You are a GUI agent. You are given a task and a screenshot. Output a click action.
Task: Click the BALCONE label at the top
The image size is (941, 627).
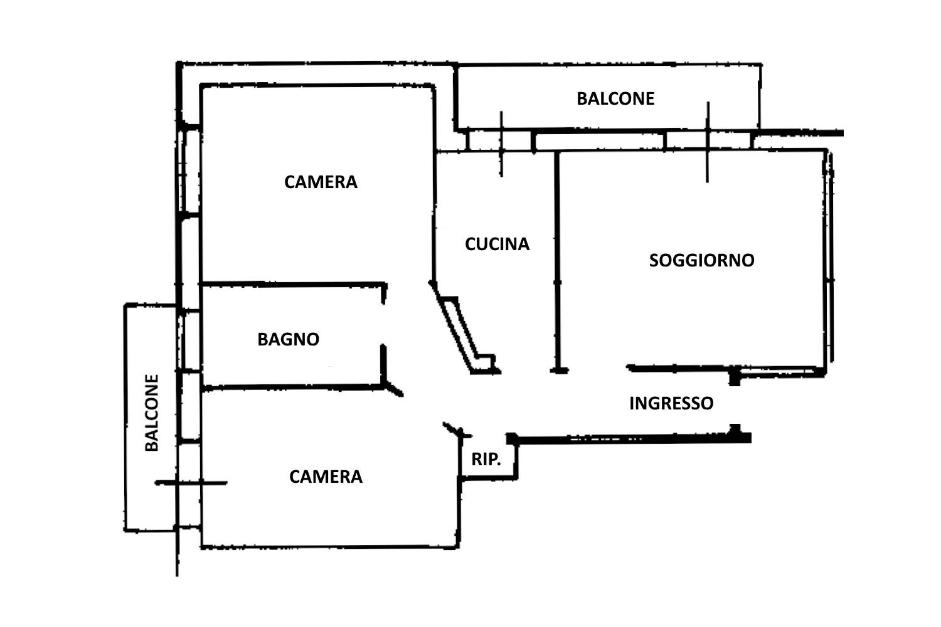(x=615, y=98)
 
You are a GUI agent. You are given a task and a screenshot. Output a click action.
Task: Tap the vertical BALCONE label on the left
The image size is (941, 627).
(x=152, y=413)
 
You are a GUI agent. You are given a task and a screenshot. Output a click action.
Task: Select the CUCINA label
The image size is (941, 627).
(x=497, y=244)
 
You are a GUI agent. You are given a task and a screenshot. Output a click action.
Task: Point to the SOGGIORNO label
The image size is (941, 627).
(x=701, y=260)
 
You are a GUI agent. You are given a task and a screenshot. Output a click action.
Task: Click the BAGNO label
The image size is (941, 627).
(x=289, y=339)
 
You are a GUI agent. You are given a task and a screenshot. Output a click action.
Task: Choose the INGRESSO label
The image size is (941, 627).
(x=671, y=403)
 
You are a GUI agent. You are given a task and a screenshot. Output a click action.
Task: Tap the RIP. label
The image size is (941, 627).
(x=486, y=460)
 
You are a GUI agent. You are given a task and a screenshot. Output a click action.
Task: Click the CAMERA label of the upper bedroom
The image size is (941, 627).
(x=321, y=182)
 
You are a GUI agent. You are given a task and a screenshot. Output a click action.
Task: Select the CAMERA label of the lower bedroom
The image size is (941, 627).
(x=326, y=477)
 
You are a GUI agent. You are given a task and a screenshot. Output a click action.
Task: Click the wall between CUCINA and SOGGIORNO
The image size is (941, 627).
(x=556, y=263)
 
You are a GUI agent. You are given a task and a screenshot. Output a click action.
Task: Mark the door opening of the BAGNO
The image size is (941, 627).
(x=384, y=323)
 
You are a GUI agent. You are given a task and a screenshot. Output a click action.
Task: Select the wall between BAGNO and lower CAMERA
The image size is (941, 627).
(x=292, y=387)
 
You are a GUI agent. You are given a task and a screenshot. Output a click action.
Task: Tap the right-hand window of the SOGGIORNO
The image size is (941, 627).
(x=829, y=257)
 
